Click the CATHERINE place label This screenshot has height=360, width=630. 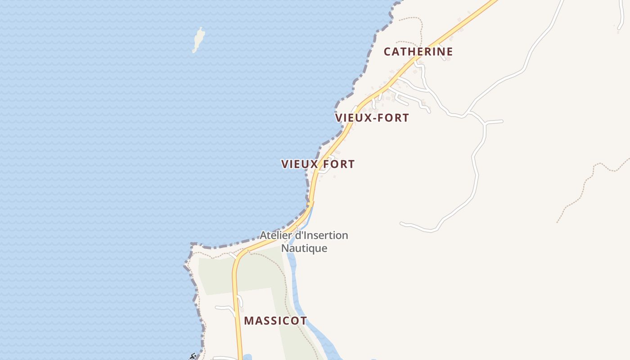coord(418,52)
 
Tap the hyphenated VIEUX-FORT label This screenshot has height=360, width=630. coord(372,118)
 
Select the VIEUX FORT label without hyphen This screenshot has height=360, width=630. coord(318,164)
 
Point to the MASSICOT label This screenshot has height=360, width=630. coord(275,321)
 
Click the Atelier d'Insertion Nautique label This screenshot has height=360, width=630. coord(304,242)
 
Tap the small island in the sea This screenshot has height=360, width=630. coord(198,39)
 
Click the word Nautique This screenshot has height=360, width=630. coord(304,248)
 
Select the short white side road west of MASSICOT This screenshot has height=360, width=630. coord(225,308)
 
